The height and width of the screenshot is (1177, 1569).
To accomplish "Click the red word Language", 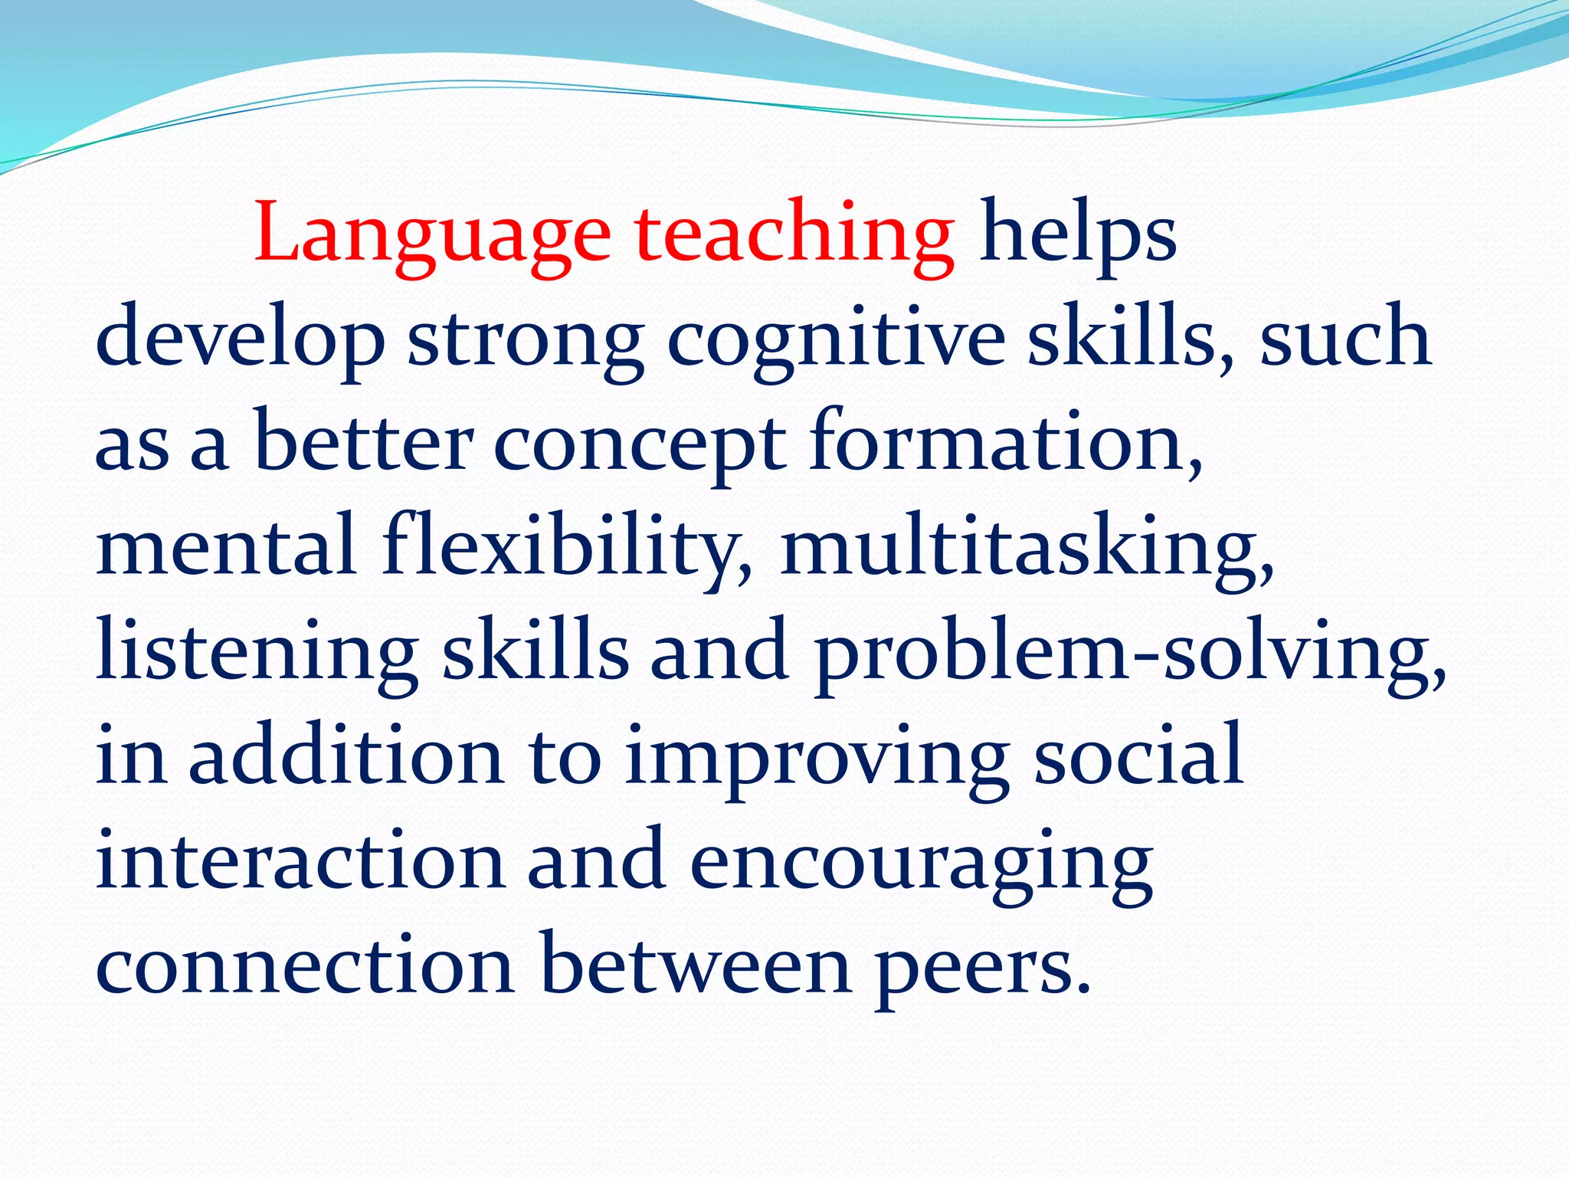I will (x=432, y=234).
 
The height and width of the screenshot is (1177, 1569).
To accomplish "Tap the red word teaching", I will (x=794, y=234).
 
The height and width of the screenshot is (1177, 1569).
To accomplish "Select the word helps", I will (x=1077, y=234).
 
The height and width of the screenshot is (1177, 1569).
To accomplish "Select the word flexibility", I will (x=567, y=549).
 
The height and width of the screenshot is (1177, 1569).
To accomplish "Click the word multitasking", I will (x=1027, y=549).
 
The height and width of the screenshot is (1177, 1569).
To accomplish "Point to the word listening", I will (x=257, y=654).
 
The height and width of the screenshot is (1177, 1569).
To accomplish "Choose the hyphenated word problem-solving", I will (x=1130, y=654).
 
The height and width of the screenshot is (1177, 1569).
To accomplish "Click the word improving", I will (x=816, y=759).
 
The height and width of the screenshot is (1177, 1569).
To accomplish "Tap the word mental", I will (x=226, y=549).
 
